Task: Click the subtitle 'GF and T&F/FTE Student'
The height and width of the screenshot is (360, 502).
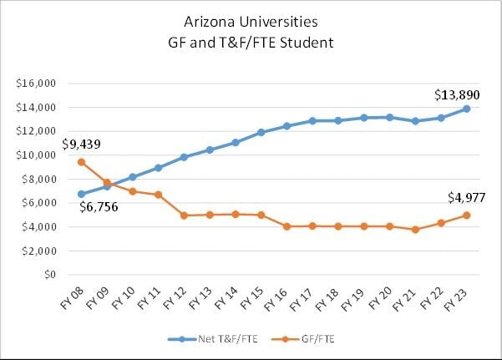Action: tap(251, 40)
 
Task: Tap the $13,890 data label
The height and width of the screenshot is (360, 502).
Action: tap(456, 94)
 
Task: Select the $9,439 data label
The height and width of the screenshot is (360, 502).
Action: tap(81, 145)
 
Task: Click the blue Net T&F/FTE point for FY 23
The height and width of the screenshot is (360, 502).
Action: tap(466, 109)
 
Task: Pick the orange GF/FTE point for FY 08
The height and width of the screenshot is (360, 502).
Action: tap(81, 162)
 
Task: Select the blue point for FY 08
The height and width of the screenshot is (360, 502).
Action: tap(81, 194)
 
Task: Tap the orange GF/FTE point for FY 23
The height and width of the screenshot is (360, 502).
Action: tap(466, 215)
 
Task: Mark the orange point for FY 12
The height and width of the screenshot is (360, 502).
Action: tap(184, 215)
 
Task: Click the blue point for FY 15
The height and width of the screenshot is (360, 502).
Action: tap(261, 132)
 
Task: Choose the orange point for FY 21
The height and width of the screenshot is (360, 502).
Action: tap(415, 229)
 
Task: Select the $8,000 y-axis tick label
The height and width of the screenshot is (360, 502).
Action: tap(38, 179)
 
